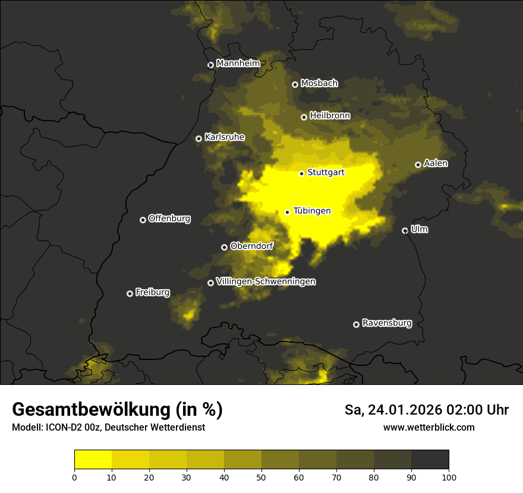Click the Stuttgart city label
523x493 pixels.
tap(326, 173)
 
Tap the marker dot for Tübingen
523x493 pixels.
tap(288, 212)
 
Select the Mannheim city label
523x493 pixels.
tap(238, 64)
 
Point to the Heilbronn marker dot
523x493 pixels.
tap(304, 117)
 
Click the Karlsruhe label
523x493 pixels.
tap(224, 137)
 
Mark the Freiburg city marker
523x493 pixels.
tap(130, 293)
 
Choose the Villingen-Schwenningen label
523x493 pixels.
tap(266, 282)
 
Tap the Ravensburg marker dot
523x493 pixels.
tap(357, 324)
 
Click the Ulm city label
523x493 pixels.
tap(419, 229)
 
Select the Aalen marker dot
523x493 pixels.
tap(418, 165)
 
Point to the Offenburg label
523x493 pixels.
tap(169, 219)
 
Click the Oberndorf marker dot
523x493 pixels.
tap(224, 247)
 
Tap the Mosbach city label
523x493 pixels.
tap(319, 84)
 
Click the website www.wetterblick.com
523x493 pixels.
tap(429, 427)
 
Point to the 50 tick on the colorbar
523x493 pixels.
tap(261, 476)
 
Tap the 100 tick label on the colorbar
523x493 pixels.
tap(449, 476)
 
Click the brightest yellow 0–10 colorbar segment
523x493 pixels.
tap(93, 459)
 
